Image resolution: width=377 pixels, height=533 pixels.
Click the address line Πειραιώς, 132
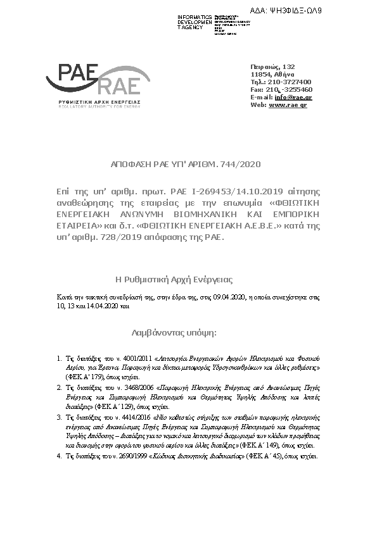pos(272,66)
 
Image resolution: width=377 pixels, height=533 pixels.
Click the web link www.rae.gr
pos(288,104)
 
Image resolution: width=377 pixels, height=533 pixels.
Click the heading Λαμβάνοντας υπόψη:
pos(174,331)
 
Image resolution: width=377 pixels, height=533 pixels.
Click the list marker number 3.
pos(59,418)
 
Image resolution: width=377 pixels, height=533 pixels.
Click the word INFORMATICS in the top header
pos(195,16)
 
